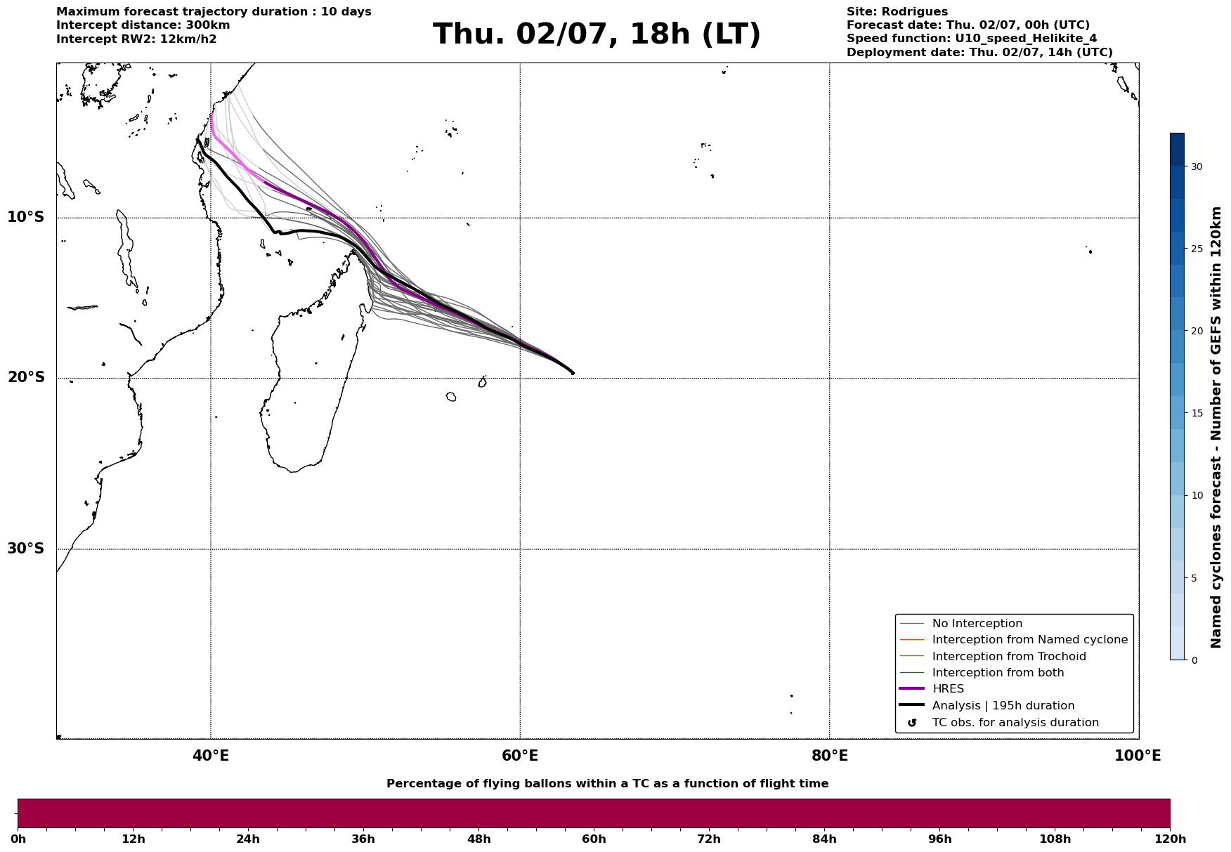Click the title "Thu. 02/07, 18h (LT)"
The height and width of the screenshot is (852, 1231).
coord(597,34)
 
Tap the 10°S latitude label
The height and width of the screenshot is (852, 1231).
coord(26,217)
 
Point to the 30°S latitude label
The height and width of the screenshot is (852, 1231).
coord(26,549)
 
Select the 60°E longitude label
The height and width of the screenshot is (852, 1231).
coord(520,756)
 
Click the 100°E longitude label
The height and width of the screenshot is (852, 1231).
coord(1138,756)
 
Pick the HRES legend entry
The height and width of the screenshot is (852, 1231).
coord(948,689)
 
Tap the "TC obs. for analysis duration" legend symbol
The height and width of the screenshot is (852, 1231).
coord(912,723)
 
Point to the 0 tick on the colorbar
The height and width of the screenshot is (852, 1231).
coord(1194,660)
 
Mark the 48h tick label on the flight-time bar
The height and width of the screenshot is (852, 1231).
coord(479,839)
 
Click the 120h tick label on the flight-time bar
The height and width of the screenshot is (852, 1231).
coord(1170,839)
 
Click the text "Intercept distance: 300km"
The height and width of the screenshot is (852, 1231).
coord(143,25)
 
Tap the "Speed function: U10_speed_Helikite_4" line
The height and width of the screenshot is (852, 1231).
coord(972,39)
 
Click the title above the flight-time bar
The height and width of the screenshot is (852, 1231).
coord(607,784)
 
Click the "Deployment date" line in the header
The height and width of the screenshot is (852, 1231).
coord(979,53)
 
